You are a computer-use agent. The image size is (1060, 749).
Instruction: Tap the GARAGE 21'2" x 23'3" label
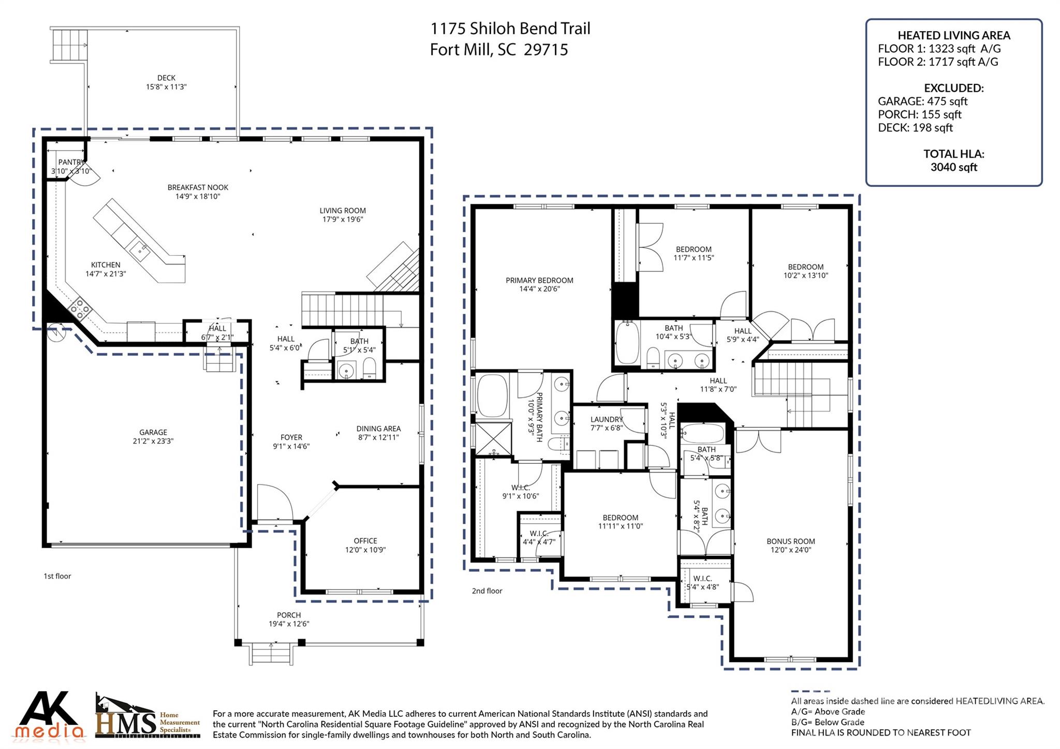(153, 437)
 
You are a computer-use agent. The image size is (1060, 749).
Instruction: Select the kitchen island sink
(140, 251)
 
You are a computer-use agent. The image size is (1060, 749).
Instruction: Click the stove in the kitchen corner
(80, 309)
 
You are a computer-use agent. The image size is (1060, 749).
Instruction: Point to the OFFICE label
(365, 541)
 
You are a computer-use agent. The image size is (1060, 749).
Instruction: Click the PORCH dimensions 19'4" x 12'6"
(289, 624)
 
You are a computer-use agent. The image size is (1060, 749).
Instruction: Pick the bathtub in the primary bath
(492, 395)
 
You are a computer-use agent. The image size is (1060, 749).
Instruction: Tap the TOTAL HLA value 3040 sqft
(953, 167)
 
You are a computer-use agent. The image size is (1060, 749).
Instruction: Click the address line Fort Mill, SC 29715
(499, 50)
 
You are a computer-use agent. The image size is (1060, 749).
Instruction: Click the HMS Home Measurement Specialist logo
(148, 717)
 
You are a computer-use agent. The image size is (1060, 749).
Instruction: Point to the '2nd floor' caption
(487, 591)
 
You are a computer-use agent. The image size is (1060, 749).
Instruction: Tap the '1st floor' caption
(57, 576)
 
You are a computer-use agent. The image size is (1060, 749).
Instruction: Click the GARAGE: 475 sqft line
(922, 101)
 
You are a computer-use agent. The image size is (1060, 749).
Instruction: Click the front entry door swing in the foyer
(269, 501)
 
